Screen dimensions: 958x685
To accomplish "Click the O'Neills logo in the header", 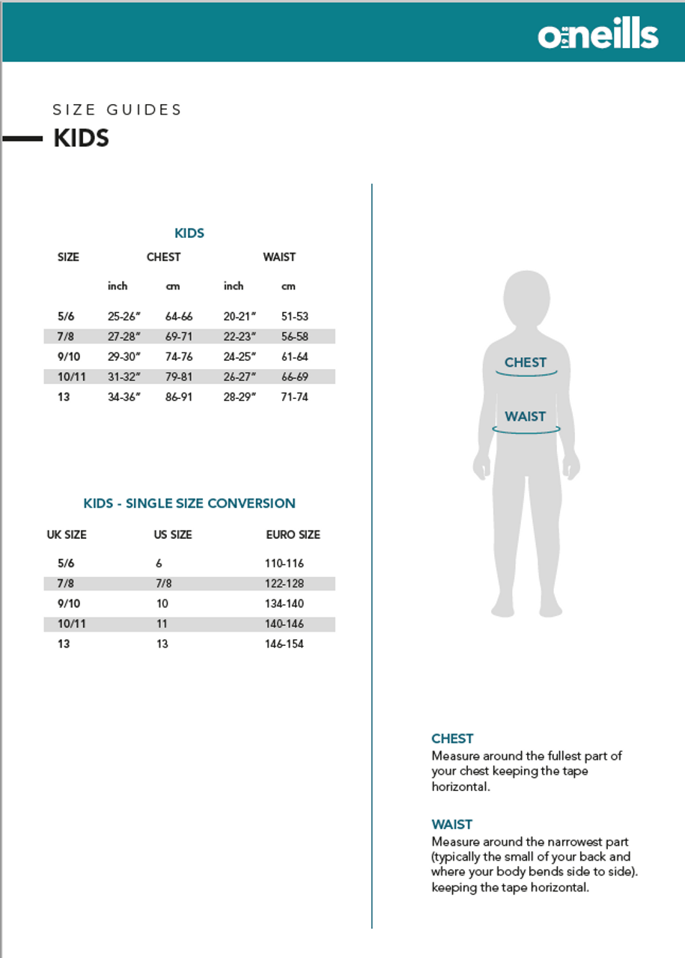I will pyautogui.click(x=597, y=34).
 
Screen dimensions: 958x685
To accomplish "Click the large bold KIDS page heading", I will pyautogui.click(x=81, y=138).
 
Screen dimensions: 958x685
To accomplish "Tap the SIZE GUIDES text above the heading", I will pyautogui.click(x=118, y=110).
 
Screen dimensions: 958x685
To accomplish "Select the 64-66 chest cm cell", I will pyautogui.click(x=179, y=317).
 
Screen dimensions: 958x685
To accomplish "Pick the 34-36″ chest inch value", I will pyautogui.click(x=124, y=397).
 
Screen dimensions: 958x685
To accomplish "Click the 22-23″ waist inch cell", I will pyautogui.click(x=240, y=337).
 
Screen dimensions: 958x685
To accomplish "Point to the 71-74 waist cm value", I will pyautogui.click(x=294, y=397).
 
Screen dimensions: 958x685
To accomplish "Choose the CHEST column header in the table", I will pyautogui.click(x=163, y=257).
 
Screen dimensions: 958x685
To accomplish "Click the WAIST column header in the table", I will pyautogui.click(x=278, y=257).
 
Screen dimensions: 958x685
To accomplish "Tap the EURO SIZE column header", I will pyautogui.click(x=293, y=535).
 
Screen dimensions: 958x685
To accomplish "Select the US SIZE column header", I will pyautogui.click(x=173, y=535).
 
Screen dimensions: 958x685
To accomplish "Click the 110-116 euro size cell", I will pyautogui.click(x=284, y=564).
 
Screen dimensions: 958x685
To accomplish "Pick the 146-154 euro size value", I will pyautogui.click(x=284, y=644).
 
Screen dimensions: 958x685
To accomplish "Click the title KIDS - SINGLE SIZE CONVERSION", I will pyautogui.click(x=189, y=504).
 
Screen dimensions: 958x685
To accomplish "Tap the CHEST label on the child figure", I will pyautogui.click(x=526, y=363).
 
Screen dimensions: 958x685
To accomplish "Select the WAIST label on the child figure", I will pyautogui.click(x=526, y=417).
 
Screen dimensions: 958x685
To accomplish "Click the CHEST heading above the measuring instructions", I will pyautogui.click(x=452, y=739).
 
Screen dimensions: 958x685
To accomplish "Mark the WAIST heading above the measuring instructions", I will pyautogui.click(x=452, y=825).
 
